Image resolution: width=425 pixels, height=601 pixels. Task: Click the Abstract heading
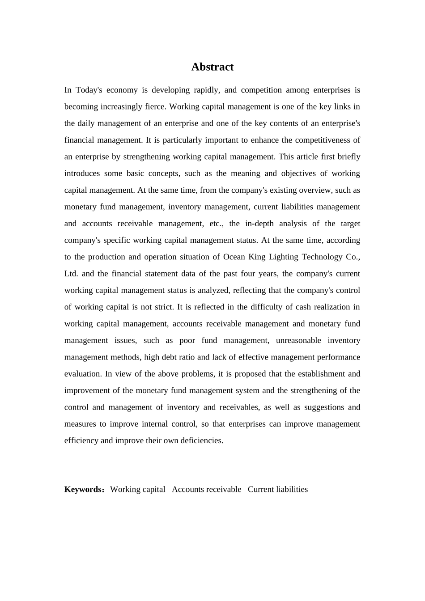tap(212, 67)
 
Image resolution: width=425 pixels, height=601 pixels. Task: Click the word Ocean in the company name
tap(234, 257)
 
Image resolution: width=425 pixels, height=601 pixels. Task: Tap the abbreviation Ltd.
tap(71, 274)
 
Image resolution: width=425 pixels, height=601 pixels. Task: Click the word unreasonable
tap(298, 340)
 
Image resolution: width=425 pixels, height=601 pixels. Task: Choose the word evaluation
tap(83, 374)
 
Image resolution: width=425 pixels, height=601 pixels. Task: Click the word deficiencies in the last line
tap(202, 440)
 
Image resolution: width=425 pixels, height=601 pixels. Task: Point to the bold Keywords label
tap(83, 489)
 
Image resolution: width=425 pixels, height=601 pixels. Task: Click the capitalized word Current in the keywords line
tap(261, 489)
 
